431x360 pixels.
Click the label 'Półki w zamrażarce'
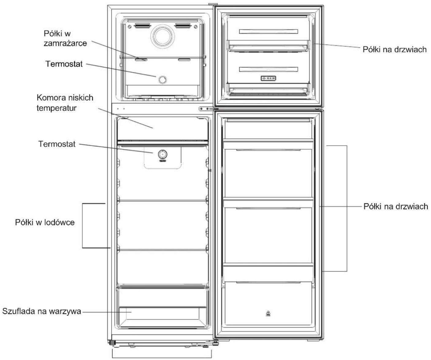[x=65, y=38]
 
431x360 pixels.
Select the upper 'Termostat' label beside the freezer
[x=64, y=64]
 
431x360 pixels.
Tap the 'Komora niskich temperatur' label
[x=65, y=103]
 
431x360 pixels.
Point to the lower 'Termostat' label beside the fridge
[x=57, y=144]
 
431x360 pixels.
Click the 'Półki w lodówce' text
[x=45, y=222]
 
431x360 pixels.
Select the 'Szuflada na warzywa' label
[x=41, y=311]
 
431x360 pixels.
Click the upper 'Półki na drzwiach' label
[x=395, y=49]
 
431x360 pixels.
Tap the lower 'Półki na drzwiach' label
[x=395, y=206]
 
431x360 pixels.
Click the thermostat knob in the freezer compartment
[x=162, y=80]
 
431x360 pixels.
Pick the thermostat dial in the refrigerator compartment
[x=162, y=154]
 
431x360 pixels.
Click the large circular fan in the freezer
[x=163, y=36]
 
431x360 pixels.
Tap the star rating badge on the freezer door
[x=268, y=78]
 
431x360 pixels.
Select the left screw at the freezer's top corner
[x=130, y=27]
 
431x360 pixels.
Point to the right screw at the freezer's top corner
[x=196, y=27]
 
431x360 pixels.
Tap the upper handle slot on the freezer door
[x=269, y=31]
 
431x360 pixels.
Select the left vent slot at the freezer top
[x=143, y=26]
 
